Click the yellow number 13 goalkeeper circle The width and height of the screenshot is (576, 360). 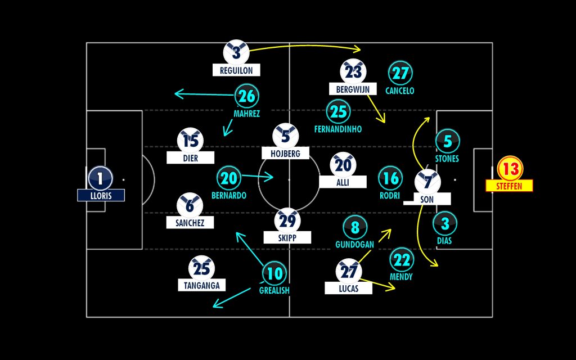[510, 168]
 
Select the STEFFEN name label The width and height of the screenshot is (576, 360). [510, 186]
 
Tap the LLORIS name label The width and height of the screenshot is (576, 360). [101, 195]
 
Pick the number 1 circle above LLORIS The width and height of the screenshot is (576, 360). [101, 178]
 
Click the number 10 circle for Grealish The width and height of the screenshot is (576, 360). [274, 274]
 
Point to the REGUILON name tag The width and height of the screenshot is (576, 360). [236, 70]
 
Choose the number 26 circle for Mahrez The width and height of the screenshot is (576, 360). [246, 96]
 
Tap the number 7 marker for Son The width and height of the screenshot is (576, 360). [427, 182]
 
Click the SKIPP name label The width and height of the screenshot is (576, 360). [287, 237]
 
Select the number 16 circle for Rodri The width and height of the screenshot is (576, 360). [390, 178]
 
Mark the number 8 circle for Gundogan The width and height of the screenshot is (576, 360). [354, 227]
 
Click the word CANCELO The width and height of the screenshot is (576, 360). [400, 91]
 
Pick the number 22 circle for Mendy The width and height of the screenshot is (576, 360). [401, 259]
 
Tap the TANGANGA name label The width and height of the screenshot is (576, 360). [201, 285]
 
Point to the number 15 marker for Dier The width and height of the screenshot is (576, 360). [190, 141]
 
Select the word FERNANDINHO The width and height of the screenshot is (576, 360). [338, 129]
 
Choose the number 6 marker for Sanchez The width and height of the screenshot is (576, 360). [190, 206]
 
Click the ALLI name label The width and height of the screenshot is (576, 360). [343, 182]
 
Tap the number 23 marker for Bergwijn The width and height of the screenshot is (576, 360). [353, 71]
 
